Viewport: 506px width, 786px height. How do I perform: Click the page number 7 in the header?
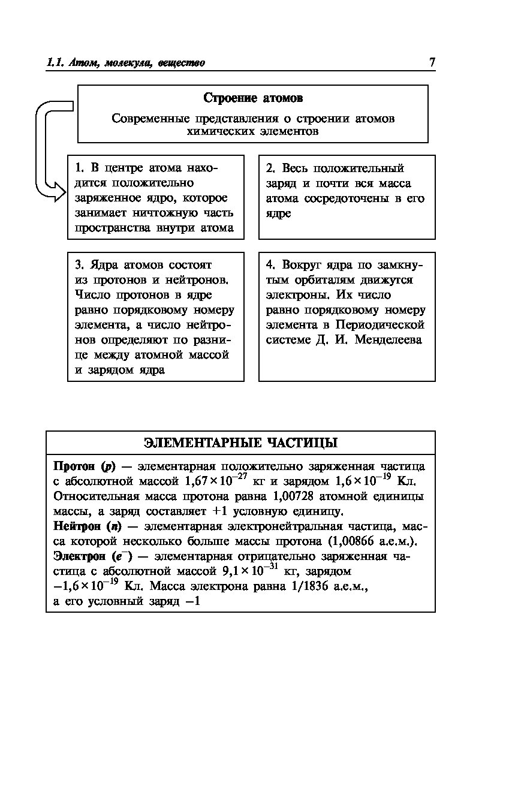tap(432, 63)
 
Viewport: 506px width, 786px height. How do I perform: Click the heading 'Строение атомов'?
tap(253, 98)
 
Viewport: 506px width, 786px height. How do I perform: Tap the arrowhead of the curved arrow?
tap(59, 192)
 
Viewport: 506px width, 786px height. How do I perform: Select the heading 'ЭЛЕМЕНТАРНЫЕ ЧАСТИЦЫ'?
tap(240, 443)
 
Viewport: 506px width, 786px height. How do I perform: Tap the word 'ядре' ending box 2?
tap(279, 213)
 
